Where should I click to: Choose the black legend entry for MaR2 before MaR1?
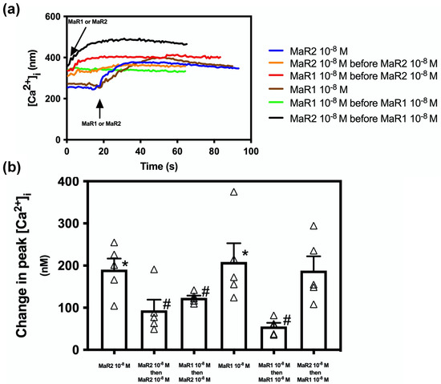(x=353, y=119)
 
